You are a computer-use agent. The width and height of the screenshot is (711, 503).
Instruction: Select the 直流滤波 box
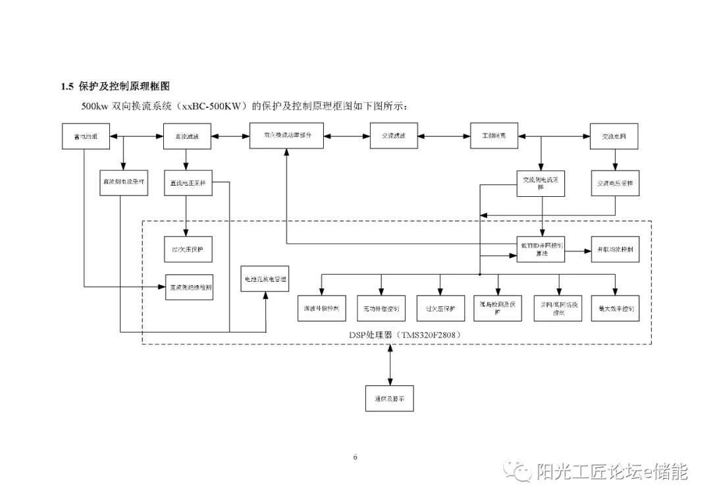click(186, 136)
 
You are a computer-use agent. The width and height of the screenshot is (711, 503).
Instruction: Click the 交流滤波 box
click(393, 136)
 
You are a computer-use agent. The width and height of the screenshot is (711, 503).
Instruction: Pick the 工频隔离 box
click(494, 136)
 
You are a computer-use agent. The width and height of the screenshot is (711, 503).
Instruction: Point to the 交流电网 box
click(614, 136)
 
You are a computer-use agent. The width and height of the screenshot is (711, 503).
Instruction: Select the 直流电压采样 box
click(188, 183)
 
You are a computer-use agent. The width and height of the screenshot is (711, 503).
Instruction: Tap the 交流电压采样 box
click(614, 183)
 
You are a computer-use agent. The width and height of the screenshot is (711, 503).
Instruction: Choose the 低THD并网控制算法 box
click(540, 250)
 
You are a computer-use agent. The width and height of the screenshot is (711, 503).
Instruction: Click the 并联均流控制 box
click(615, 250)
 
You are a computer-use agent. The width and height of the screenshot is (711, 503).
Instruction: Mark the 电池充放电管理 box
click(266, 279)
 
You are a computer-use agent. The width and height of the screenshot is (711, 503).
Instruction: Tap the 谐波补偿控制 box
click(321, 308)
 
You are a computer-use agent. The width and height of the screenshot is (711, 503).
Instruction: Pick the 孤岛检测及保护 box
click(498, 307)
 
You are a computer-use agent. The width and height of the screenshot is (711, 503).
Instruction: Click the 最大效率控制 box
click(615, 308)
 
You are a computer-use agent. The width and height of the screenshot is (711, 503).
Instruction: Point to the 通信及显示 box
click(390, 398)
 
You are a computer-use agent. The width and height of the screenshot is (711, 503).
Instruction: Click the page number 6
click(355, 457)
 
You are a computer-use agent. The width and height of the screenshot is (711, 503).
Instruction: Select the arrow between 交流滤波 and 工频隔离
click(446, 136)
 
